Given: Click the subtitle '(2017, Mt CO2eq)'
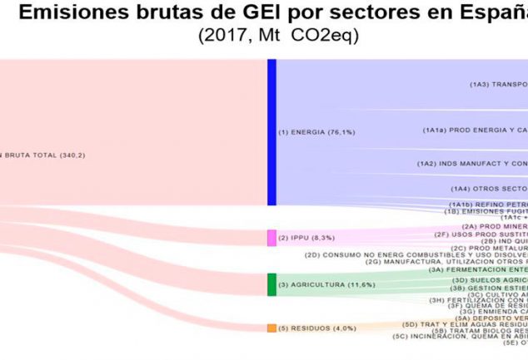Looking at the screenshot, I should [278, 36].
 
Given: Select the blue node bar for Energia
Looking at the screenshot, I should [271, 132].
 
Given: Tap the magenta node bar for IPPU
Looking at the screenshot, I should [271, 215].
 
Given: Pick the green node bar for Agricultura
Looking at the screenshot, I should [271, 261].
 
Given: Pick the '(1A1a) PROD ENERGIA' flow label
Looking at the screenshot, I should [475, 131].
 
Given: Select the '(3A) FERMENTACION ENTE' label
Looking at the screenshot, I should [478, 246].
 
